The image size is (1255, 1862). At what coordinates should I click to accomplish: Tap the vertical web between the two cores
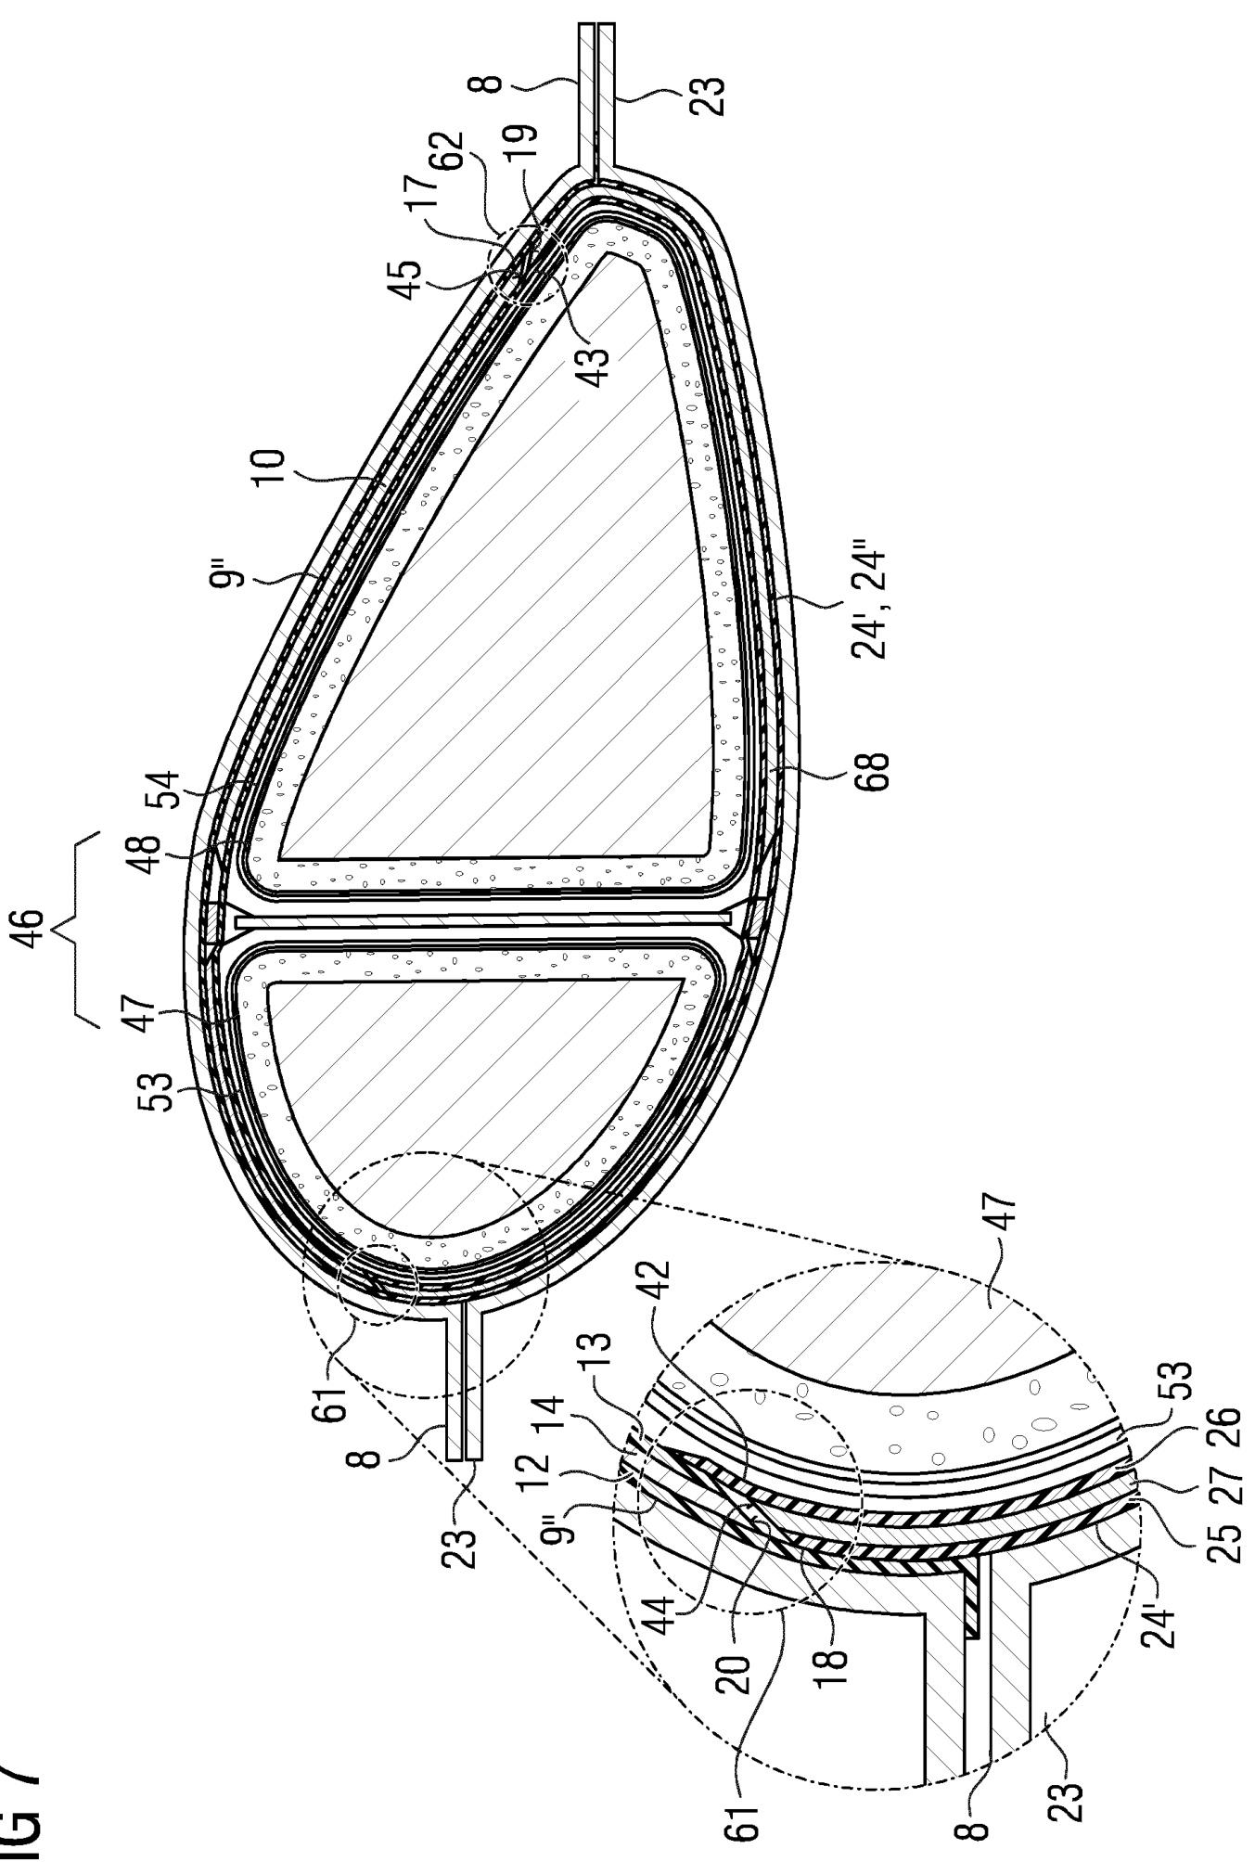point(483,920)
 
